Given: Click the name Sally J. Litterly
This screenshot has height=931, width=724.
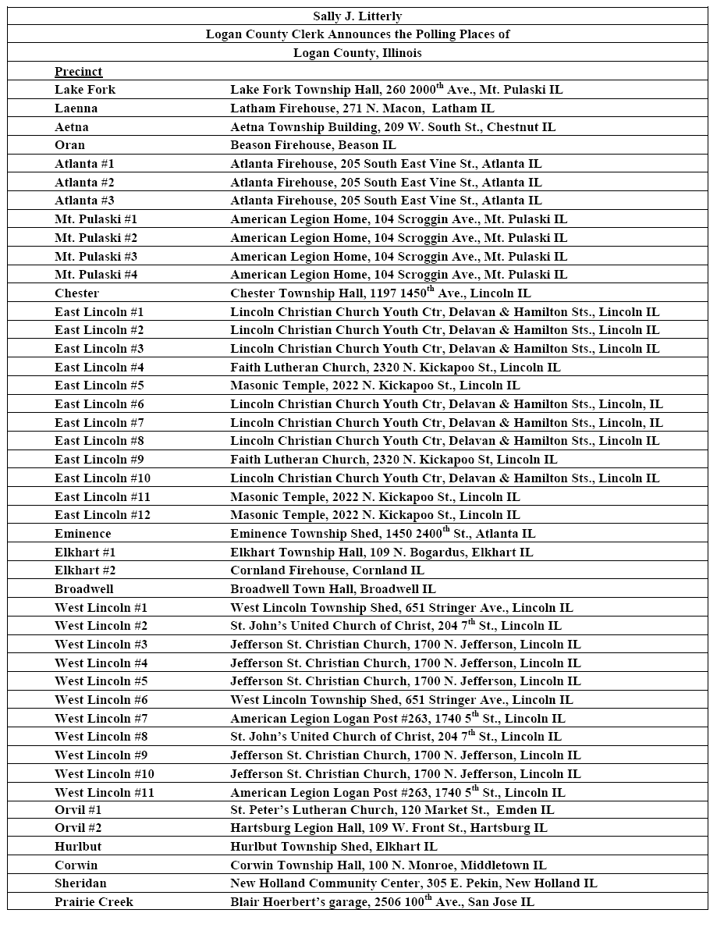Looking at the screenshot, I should pyautogui.click(x=357, y=16).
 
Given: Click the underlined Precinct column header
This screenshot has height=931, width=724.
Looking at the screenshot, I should pyautogui.click(x=78, y=72).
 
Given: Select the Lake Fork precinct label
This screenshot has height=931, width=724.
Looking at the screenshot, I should pyautogui.click(x=85, y=90).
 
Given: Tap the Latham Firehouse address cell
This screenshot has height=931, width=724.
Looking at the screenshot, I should pyautogui.click(x=362, y=108).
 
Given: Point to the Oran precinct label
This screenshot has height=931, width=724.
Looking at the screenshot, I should pyautogui.click(x=70, y=145).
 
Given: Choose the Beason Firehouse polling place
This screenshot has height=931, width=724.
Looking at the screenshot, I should pyautogui.click(x=313, y=145).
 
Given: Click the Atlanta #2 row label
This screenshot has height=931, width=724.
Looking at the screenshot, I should pyautogui.click(x=84, y=182).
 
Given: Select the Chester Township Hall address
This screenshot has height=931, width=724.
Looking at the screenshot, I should pyautogui.click(x=380, y=293).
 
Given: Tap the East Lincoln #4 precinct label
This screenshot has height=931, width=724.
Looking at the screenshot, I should pyautogui.click(x=99, y=367).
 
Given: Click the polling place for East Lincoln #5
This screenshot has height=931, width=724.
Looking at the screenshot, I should pyautogui.click(x=374, y=386).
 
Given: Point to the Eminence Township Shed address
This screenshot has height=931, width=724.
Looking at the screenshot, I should pyautogui.click(x=382, y=534).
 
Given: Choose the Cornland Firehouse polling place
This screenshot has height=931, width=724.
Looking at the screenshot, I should pyautogui.click(x=327, y=570).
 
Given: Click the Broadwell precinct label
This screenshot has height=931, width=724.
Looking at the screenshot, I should pyautogui.click(x=84, y=589).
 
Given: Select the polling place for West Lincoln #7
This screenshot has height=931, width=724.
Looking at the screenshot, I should pyautogui.click(x=397, y=718).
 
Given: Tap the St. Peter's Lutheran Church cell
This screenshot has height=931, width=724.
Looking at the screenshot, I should pyautogui.click(x=392, y=810).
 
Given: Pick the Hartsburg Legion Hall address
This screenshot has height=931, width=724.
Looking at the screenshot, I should pyautogui.click(x=389, y=828).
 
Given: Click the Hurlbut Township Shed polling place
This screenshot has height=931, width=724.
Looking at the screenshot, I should pyautogui.click(x=333, y=847).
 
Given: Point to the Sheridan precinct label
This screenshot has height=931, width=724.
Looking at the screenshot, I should pyautogui.click(x=80, y=883).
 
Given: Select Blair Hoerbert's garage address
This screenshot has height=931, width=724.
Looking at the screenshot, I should pyautogui.click(x=382, y=901).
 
